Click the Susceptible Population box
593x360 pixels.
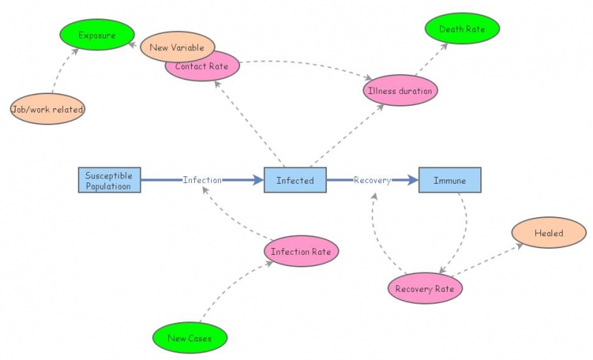[x=109, y=180]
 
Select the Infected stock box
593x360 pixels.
[x=295, y=180]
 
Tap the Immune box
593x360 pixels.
[x=449, y=180]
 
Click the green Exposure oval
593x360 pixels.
[x=97, y=34]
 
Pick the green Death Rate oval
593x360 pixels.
[x=462, y=30]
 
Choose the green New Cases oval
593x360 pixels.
[x=189, y=339]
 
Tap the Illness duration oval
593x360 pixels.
[x=401, y=90]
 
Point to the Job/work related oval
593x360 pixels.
[x=47, y=110]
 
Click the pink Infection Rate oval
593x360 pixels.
[x=300, y=252]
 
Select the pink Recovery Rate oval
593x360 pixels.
[x=425, y=288]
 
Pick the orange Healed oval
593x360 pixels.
[x=549, y=233]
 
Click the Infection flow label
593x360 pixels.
[x=202, y=180]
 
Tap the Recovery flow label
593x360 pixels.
[x=371, y=180]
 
